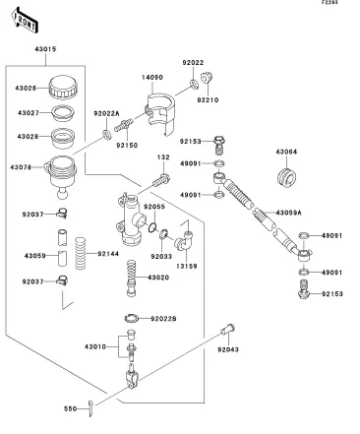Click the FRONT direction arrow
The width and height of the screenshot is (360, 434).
(25, 20)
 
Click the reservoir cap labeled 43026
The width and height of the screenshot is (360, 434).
(64, 87)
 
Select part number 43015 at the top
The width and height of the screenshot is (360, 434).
(45, 49)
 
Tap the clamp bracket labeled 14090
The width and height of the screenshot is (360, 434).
(159, 114)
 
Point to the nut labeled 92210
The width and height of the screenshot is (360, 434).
(207, 78)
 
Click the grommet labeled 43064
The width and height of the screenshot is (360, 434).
(286, 179)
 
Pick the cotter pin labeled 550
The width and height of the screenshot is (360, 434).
(90, 408)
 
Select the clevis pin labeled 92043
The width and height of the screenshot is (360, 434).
(228, 329)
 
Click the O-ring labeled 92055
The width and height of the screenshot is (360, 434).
(152, 227)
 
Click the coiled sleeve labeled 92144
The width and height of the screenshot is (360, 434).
(81, 253)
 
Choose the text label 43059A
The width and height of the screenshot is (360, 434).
(288, 213)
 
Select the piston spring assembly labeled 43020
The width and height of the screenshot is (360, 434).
(131, 279)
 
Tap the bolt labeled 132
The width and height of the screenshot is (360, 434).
(161, 180)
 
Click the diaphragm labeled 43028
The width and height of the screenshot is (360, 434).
(62, 138)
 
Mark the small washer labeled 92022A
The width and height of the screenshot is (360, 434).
(106, 134)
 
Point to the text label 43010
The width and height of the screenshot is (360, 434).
(95, 346)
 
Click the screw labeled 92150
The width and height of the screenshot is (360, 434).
(124, 125)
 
